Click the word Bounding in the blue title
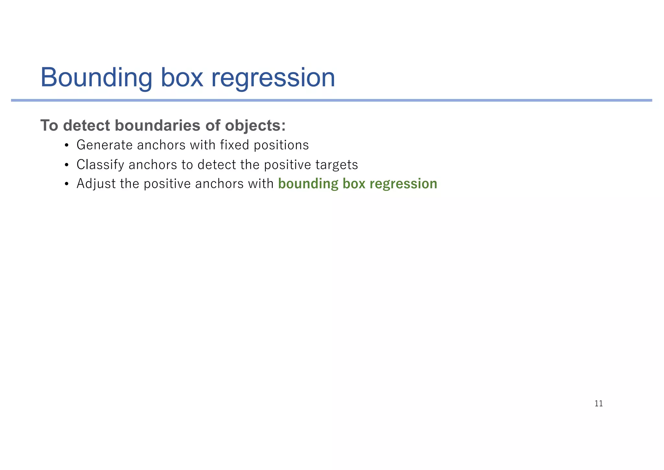tap(96, 78)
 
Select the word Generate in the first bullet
tap(104, 145)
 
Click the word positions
tap(281, 145)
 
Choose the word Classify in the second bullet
tap(100, 165)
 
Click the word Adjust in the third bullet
tap(96, 184)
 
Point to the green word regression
tap(403, 184)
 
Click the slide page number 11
tap(599, 403)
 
